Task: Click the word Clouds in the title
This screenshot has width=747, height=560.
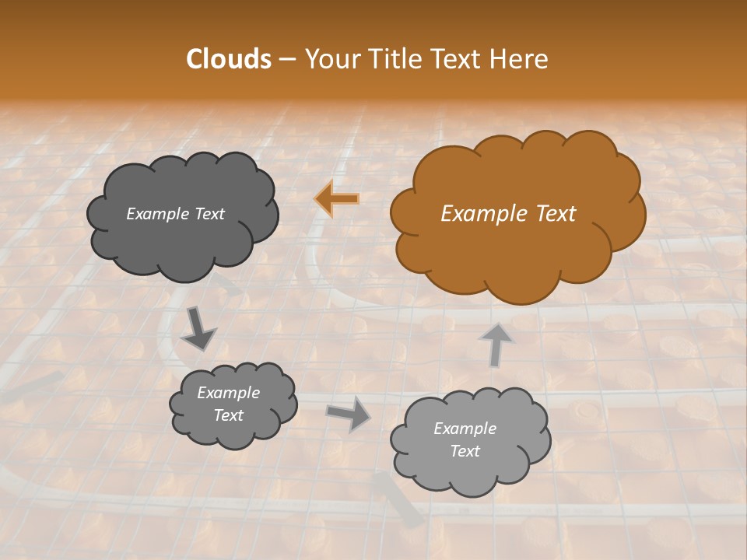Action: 229,59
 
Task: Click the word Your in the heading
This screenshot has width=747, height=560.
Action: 330,59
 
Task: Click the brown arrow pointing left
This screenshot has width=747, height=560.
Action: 337,199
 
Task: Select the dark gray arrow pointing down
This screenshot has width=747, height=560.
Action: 198,330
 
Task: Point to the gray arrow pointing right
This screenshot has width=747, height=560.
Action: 349,413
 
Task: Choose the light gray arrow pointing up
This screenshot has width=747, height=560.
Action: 496,344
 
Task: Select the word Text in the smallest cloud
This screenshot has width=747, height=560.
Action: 229,415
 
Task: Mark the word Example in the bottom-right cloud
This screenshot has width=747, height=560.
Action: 465,429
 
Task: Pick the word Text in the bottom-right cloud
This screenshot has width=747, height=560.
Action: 465,451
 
